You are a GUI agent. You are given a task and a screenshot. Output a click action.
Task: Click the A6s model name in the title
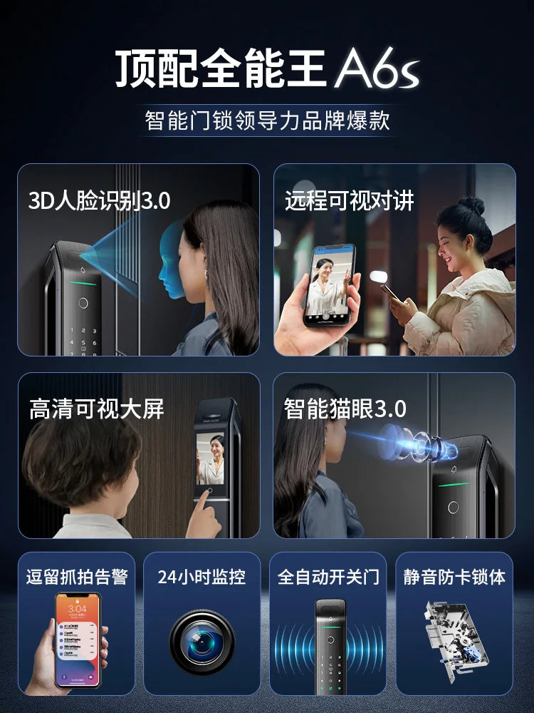[x=377, y=70]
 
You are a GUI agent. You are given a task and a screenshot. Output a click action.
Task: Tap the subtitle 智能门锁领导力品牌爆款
[x=267, y=120]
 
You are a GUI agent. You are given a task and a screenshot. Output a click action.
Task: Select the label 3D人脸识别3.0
[x=99, y=200]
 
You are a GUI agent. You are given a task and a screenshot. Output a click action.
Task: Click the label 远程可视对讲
[x=350, y=200]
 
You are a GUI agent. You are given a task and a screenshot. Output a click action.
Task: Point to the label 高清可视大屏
[x=97, y=409]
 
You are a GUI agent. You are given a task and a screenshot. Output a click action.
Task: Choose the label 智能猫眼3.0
[x=345, y=409]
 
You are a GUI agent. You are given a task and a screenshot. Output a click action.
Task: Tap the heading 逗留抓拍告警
[x=77, y=577]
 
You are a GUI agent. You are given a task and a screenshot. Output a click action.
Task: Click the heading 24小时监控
[x=201, y=577]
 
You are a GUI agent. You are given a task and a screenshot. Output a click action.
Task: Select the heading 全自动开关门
[x=328, y=577]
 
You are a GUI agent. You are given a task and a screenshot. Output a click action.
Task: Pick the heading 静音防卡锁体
[x=454, y=577]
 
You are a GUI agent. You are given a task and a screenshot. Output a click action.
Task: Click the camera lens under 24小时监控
[x=202, y=642]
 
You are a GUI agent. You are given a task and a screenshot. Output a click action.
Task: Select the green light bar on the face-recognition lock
[x=83, y=283]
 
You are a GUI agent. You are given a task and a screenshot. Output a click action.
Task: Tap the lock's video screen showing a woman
[x=210, y=458]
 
